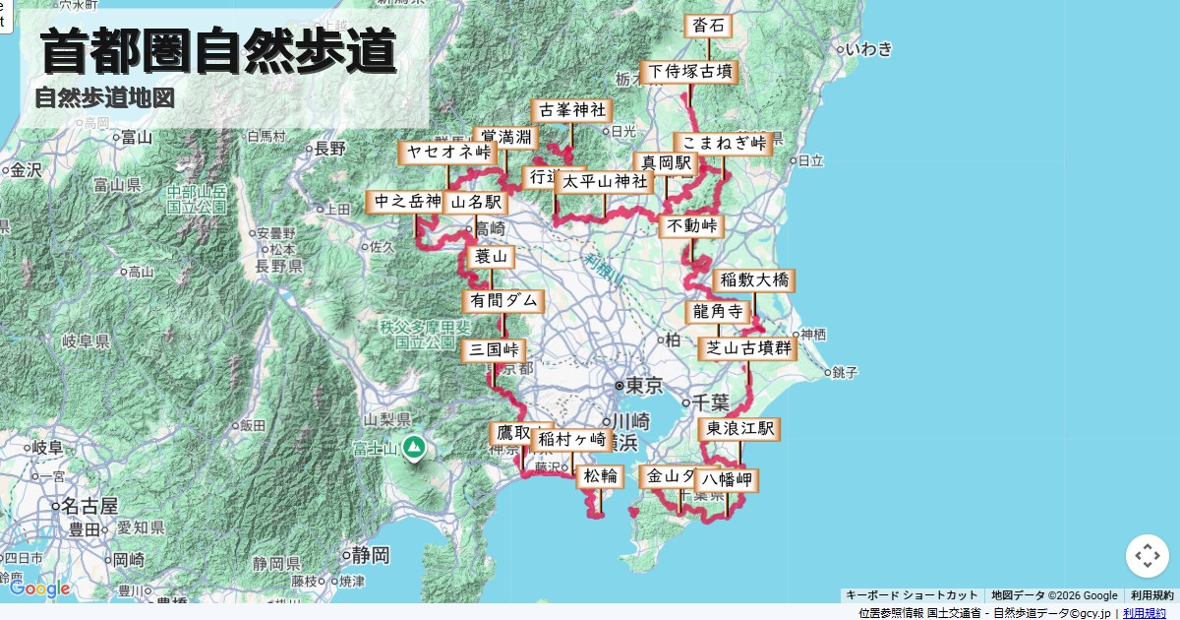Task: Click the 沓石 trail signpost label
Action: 708,26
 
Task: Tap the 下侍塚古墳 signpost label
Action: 688,72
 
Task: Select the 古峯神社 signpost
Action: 571,110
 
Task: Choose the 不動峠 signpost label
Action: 691,226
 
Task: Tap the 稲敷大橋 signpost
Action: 754,280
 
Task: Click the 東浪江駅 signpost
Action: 739,428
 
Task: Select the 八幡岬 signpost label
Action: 727,480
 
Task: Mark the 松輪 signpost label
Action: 600,476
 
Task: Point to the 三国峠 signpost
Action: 493,349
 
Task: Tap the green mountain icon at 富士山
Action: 414,448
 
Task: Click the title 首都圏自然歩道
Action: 218,51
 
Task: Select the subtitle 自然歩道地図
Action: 104,98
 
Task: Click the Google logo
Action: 39,589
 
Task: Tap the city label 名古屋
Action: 88,507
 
